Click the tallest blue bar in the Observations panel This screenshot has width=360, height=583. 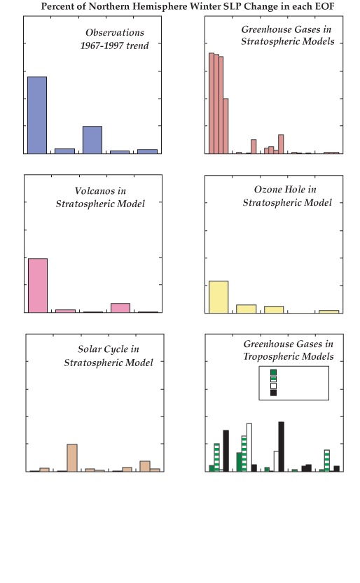[37, 115]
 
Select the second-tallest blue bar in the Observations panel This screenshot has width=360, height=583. [92, 140]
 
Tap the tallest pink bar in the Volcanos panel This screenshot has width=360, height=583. [38, 286]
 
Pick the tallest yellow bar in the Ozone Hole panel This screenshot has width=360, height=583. [219, 297]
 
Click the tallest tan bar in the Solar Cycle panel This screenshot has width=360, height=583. [72, 458]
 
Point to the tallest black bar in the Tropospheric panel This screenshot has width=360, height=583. [281, 447]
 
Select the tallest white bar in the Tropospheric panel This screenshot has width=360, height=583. [249, 447]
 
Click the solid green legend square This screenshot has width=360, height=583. [273, 372]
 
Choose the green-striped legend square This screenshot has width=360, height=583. [273, 379]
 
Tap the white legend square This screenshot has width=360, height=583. [273, 386]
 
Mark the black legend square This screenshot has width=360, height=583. [273, 393]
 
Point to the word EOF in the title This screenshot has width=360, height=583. [325, 6]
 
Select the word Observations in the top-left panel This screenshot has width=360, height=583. [115, 33]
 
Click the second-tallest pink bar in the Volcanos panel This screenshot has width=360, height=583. [120, 308]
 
